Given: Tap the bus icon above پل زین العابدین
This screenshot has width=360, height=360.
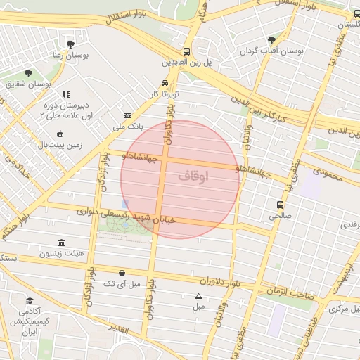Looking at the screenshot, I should (x=186, y=51).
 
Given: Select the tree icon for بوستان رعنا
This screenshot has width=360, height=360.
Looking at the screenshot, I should (x=70, y=44).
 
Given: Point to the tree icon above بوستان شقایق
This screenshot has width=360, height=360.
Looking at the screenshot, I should (x=28, y=73).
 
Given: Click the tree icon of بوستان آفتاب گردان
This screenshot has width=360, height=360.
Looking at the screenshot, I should (x=271, y=40).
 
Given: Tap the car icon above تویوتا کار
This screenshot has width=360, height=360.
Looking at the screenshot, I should (x=165, y=82).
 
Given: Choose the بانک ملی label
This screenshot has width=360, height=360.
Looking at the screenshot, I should (x=128, y=127).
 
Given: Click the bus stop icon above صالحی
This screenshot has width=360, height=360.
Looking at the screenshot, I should (x=281, y=205).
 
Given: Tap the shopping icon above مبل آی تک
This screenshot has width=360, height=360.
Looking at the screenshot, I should (x=122, y=273).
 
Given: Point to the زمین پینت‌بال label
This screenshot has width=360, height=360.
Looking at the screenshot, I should (x=59, y=145).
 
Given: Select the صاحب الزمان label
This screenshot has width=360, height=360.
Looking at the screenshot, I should (x=289, y=281).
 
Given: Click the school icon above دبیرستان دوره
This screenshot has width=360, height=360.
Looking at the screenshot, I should (x=65, y=94).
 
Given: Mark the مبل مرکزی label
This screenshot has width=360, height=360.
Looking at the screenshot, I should (x=345, y=308).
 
